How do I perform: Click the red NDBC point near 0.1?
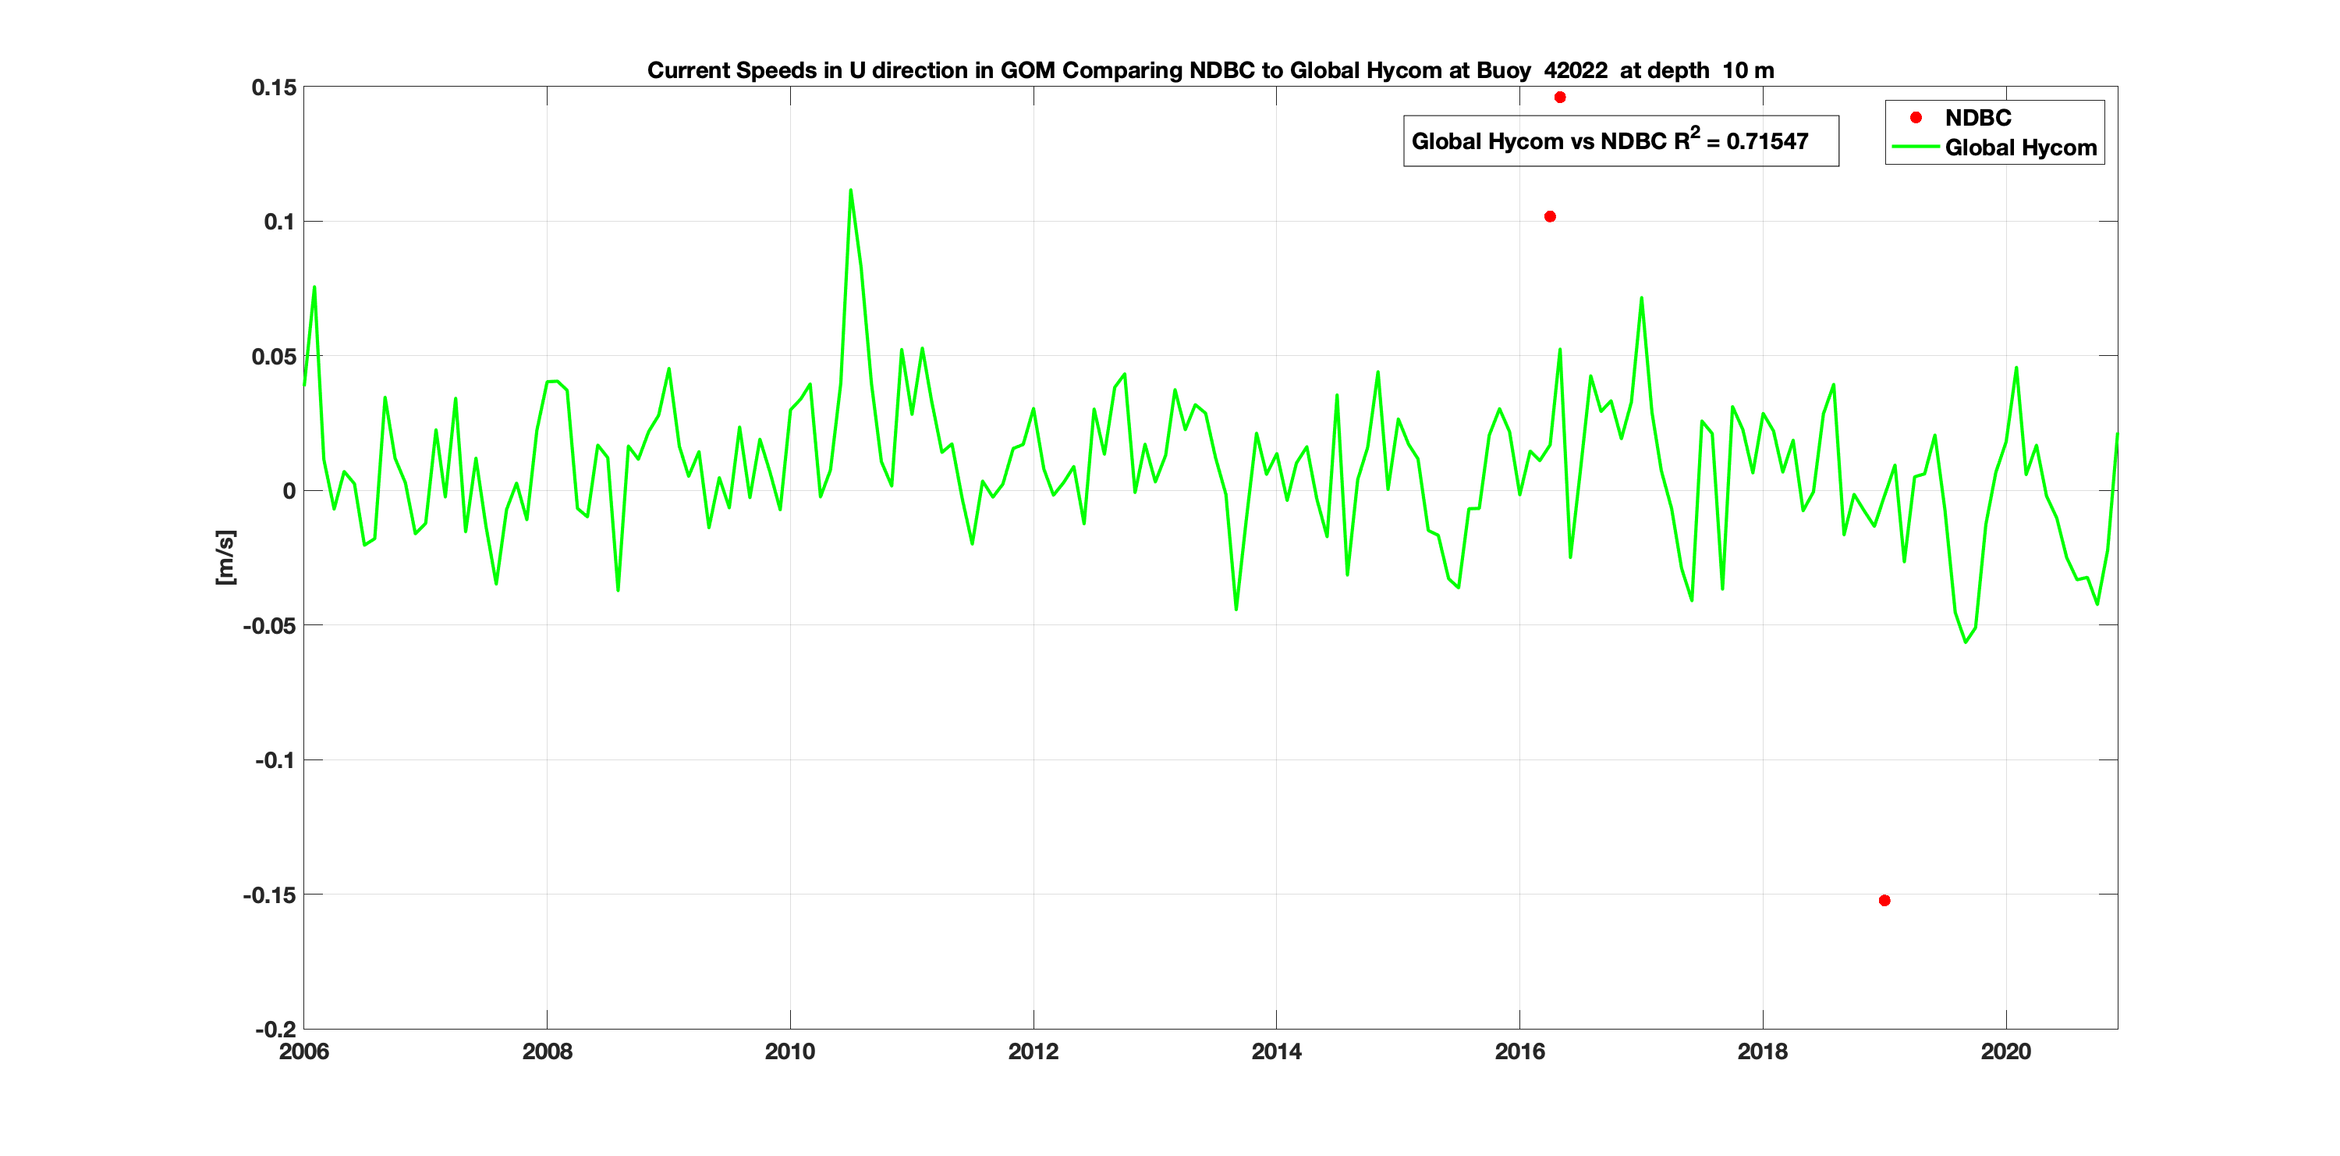click(x=1550, y=216)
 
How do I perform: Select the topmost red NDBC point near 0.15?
click(x=1560, y=98)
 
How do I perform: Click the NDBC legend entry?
click(x=1977, y=118)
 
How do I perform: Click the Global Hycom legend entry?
click(x=2020, y=148)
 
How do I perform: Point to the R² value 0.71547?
click(x=1767, y=142)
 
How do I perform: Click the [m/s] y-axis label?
click(x=225, y=557)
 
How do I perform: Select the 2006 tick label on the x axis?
click(x=304, y=1051)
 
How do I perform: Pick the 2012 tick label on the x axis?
click(x=1033, y=1051)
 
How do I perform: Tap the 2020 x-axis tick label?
click(x=2005, y=1051)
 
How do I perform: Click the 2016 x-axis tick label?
click(x=1519, y=1051)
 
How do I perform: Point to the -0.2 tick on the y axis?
click(x=275, y=1029)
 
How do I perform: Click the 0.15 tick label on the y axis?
click(x=274, y=87)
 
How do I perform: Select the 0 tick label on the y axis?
click(x=289, y=491)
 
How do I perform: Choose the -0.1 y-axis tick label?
click(x=275, y=759)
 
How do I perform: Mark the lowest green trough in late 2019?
click(x=1966, y=642)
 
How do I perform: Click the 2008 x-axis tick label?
click(x=547, y=1051)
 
